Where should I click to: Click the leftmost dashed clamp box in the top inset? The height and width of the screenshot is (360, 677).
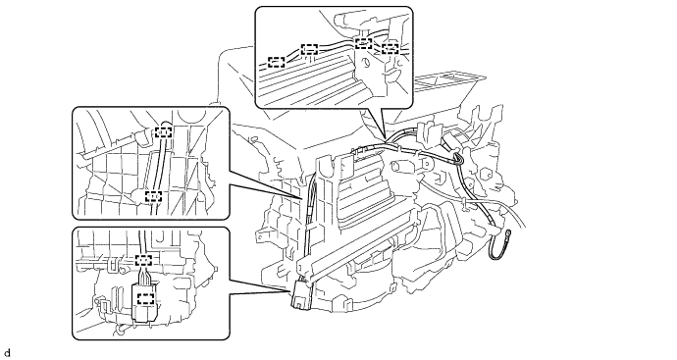(x=277, y=62)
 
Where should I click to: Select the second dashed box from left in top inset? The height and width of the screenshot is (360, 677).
(x=309, y=49)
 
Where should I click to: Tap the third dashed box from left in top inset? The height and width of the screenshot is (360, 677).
(x=364, y=43)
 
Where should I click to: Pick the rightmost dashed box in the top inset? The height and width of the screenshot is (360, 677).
(x=390, y=48)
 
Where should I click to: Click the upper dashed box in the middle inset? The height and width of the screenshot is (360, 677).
(x=163, y=131)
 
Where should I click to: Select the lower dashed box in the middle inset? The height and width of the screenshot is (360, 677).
(x=153, y=196)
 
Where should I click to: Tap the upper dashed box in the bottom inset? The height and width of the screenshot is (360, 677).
(x=144, y=260)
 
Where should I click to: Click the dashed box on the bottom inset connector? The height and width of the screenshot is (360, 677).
(x=146, y=299)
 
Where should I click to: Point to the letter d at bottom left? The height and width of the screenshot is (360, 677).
(x=6, y=353)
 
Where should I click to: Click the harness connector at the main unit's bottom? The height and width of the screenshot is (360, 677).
(x=301, y=295)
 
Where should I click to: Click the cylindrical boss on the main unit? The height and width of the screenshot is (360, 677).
(x=400, y=166)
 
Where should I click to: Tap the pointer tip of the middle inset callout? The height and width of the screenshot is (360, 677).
(x=301, y=199)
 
